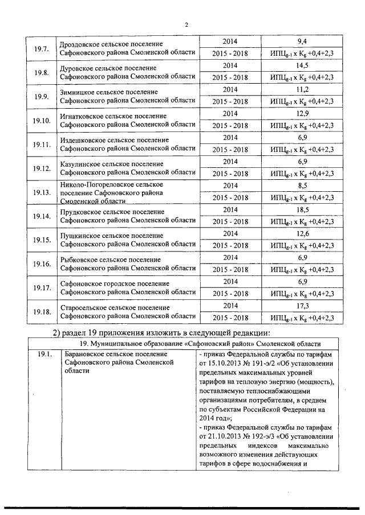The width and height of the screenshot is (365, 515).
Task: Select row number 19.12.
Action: click(41, 168)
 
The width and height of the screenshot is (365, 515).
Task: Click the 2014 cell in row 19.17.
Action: click(230, 282)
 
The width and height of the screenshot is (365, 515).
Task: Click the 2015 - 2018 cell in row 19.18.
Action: click(230, 318)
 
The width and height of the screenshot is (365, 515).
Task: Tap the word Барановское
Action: click(84, 355)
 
